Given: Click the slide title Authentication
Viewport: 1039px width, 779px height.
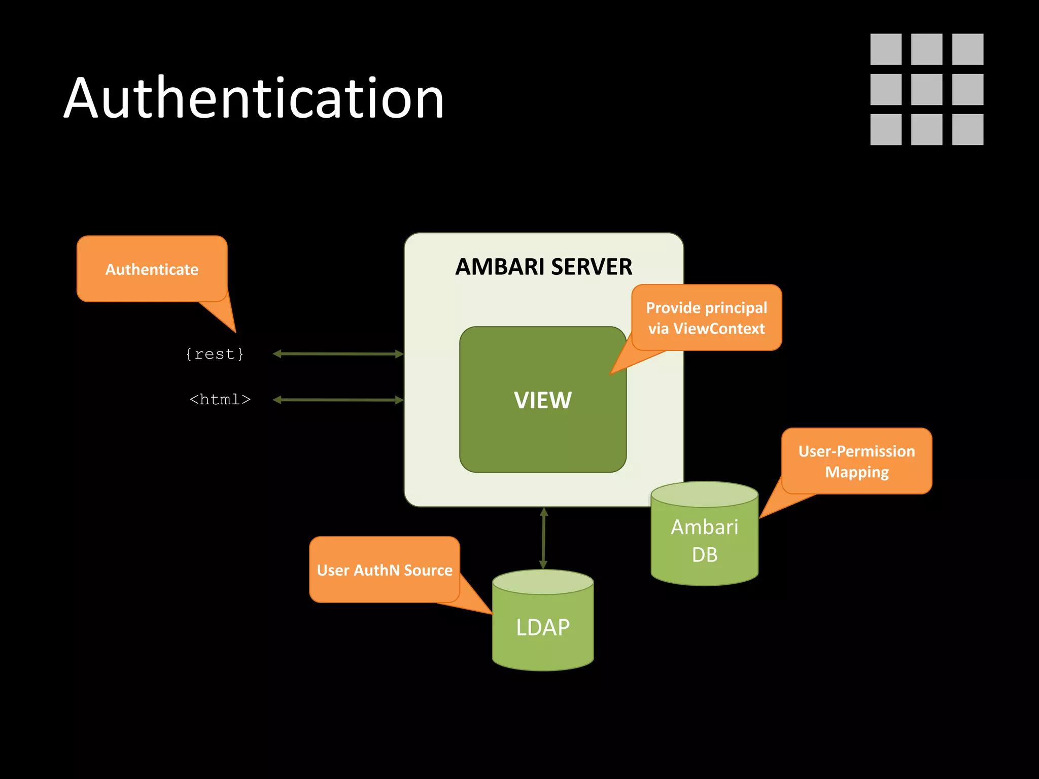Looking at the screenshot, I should [254, 98].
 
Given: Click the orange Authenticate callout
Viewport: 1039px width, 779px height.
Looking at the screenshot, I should [152, 269].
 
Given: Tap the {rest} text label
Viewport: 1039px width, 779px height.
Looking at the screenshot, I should [215, 354].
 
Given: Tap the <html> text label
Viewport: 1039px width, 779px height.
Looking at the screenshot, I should [220, 400].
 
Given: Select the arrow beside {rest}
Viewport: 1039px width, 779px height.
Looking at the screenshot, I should [338, 354].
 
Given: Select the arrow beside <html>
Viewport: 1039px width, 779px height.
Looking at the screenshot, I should [338, 400].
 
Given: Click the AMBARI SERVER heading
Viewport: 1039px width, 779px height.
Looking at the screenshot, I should [543, 267].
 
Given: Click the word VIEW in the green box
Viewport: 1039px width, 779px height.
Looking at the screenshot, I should [542, 400].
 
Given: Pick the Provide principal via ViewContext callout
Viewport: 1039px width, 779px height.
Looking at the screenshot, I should [706, 317].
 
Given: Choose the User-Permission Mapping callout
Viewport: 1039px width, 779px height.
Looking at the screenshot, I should [856, 461].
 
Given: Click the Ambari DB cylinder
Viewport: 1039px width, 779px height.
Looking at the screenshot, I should [704, 541].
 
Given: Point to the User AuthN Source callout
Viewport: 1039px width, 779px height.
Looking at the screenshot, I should [385, 570].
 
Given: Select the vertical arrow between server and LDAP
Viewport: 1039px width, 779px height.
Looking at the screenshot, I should [543, 539].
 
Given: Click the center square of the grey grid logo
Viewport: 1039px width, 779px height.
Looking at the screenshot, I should [926, 89].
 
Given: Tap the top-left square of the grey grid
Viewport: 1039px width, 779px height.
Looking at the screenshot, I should [886, 49].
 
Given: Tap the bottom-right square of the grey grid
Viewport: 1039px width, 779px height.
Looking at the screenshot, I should [967, 129].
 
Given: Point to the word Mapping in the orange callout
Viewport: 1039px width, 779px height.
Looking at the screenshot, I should [856, 472].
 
